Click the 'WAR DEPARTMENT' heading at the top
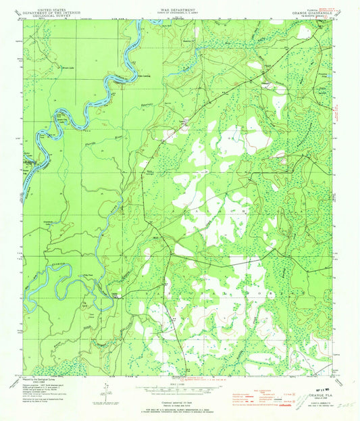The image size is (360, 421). [x=180, y=10]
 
